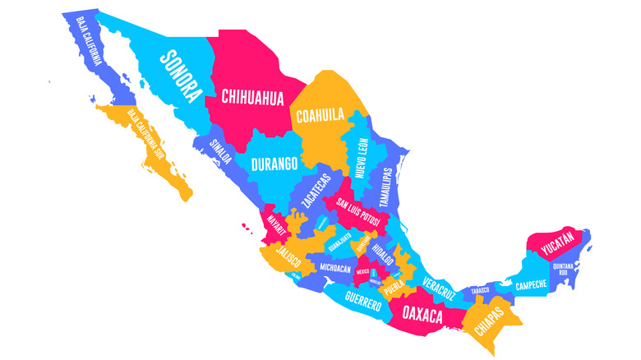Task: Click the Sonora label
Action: pyautogui.click(x=181, y=73)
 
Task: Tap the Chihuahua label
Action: pyautogui.click(x=253, y=99)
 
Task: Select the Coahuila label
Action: pyautogui.click(x=320, y=115)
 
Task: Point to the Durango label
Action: pyautogui.click(x=274, y=164)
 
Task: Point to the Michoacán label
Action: pyautogui.click(x=335, y=269)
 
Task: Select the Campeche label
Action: pyautogui.click(x=532, y=286)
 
